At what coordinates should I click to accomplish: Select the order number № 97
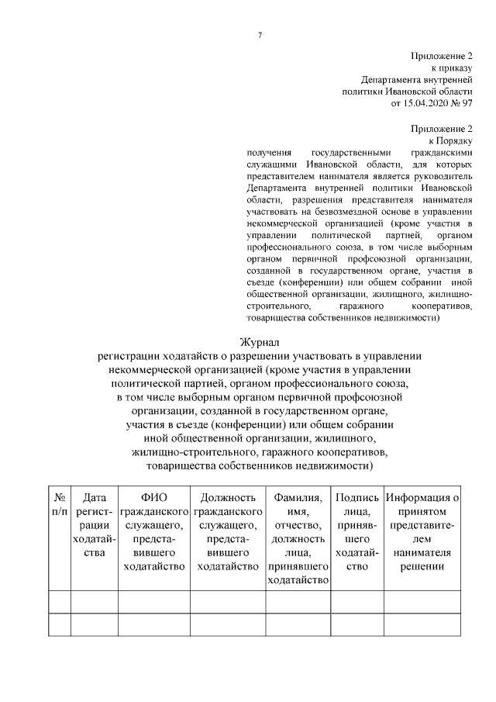(x=461, y=102)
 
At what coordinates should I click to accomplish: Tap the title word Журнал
(x=260, y=341)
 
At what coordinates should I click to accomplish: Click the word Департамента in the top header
(x=391, y=79)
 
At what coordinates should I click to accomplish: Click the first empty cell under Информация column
(x=422, y=602)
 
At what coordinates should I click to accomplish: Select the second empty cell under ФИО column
(x=153, y=624)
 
